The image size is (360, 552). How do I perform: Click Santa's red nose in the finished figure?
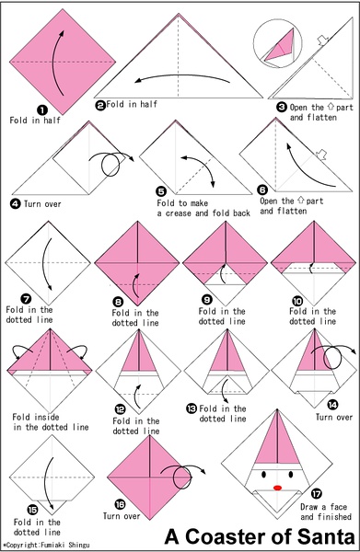[277, 488]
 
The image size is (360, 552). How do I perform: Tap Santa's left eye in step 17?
[263, 475]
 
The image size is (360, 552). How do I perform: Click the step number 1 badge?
[42, 110]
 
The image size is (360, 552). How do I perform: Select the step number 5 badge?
[161, 191]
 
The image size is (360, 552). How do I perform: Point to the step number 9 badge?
[207, 300]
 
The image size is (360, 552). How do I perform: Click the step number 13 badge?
[192, 408]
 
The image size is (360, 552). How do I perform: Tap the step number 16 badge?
[120, 504]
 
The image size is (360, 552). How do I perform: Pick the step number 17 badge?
[317, 494]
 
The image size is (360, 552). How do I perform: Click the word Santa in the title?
[326, 537]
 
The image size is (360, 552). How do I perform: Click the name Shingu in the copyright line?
[79, 546]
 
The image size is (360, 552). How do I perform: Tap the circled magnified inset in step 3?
[277, 42]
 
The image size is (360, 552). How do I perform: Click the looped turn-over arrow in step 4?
[111, 164]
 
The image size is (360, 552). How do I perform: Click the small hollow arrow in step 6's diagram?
[321, 155]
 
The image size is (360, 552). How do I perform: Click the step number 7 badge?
[27, 299]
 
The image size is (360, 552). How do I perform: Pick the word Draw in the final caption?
[310, 507]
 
